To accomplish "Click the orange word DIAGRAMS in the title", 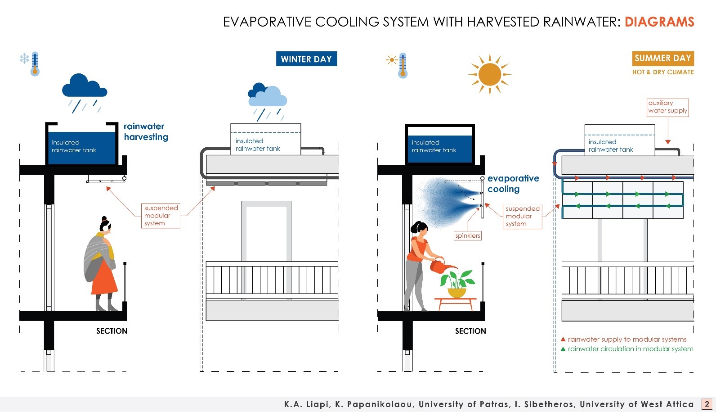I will pyautogui.click(x=659, y=22).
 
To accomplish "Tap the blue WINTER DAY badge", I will pyautogui.click(x=306, y=59).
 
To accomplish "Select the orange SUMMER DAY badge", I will pyautogui.click(x=662, y=58).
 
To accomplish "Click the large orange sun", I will pyautogui.click(x=490, y=74).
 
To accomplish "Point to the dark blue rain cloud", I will pyautogui.click(x=84, y=86).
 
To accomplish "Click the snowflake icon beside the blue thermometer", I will pyautogui.click(x=24, y=59).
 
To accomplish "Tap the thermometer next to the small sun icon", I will pyautogui.click(x=403, y=65).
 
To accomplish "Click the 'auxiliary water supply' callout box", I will pyautogui.click(x=667, y=107).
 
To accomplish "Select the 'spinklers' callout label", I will pyautogui.click(x=468, y=235).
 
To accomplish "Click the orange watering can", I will pyautogui.click(x=438, y=266).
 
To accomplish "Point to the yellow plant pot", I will pyautogui.click(x=457, y=293).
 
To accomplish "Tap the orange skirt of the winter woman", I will pyautogui.click(x=104, y=279).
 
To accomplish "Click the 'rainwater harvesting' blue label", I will pyautogui.click(x=146, y=131).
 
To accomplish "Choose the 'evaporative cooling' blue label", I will pyautogui.click(x=513, y=184).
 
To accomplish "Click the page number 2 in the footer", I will pyautogui.click(x=707, y=404).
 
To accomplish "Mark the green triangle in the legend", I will pyautogui.click(x=563, y=349).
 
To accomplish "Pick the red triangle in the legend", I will pyautogui.click(x=563, y=340).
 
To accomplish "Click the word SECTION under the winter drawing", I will pyautogui.click(x=112, y=331).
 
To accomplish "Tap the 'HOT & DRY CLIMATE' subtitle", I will pyautogui.click(x=663, y=72).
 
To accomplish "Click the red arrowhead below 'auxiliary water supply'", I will pyautogui.click(x=668, y=142).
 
